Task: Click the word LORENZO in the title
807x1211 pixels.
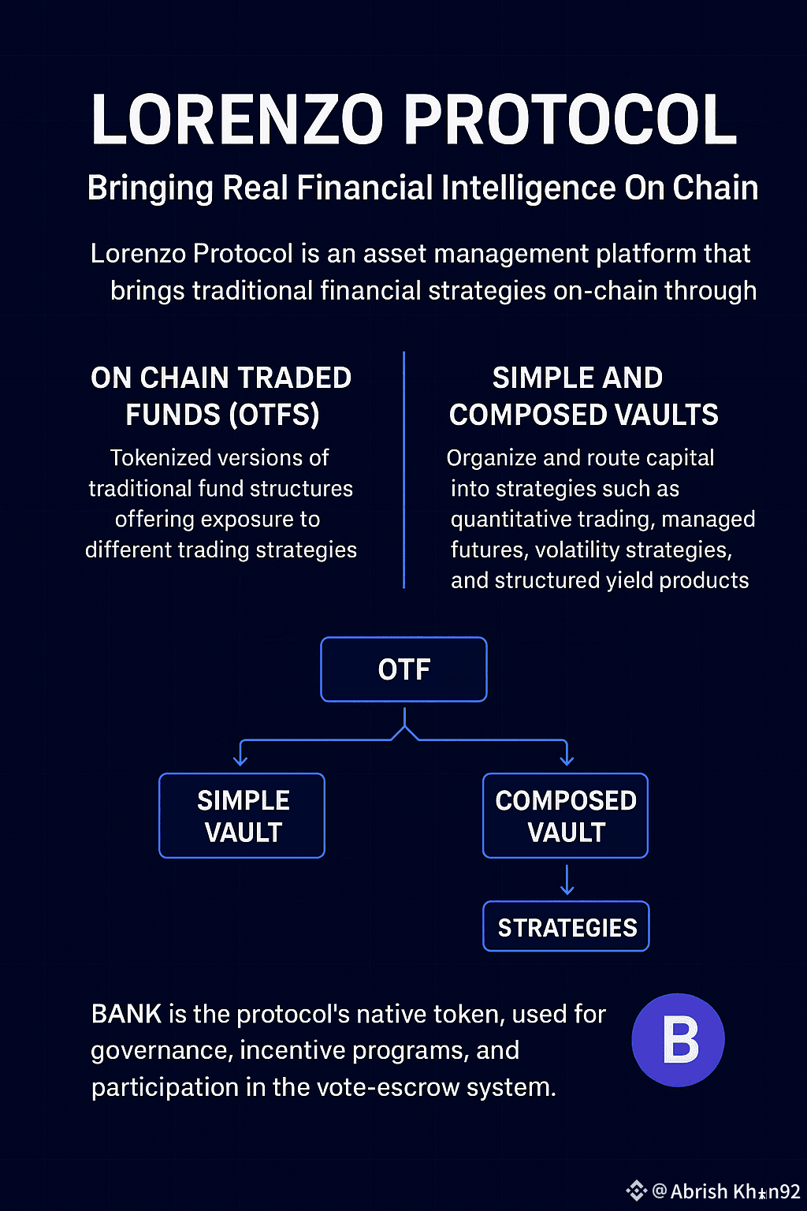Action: pos(237,120)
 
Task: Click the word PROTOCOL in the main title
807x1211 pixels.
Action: pos(571,120)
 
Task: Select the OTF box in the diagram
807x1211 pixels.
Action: pos(403,669)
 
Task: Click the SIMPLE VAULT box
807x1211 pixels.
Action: pos(242,816)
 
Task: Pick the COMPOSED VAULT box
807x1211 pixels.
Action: pos(565,816)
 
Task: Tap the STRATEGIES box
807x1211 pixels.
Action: pos(566,927)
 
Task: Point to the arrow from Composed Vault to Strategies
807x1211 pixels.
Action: pos(567,880)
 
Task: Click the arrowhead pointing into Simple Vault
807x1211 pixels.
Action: pos(240,760)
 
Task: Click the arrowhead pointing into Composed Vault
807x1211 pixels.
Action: pos(566,760)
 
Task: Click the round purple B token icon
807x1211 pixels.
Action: pos(678,1040)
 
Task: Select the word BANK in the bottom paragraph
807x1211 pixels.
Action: pos(126,1014)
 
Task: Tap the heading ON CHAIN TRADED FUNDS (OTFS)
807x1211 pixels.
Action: pos(221,397)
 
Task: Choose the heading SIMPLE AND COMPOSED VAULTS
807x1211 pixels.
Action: pos(582,397)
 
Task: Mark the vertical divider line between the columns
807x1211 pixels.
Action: pos(403,470)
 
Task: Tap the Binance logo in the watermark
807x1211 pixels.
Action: pos(636,1191)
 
